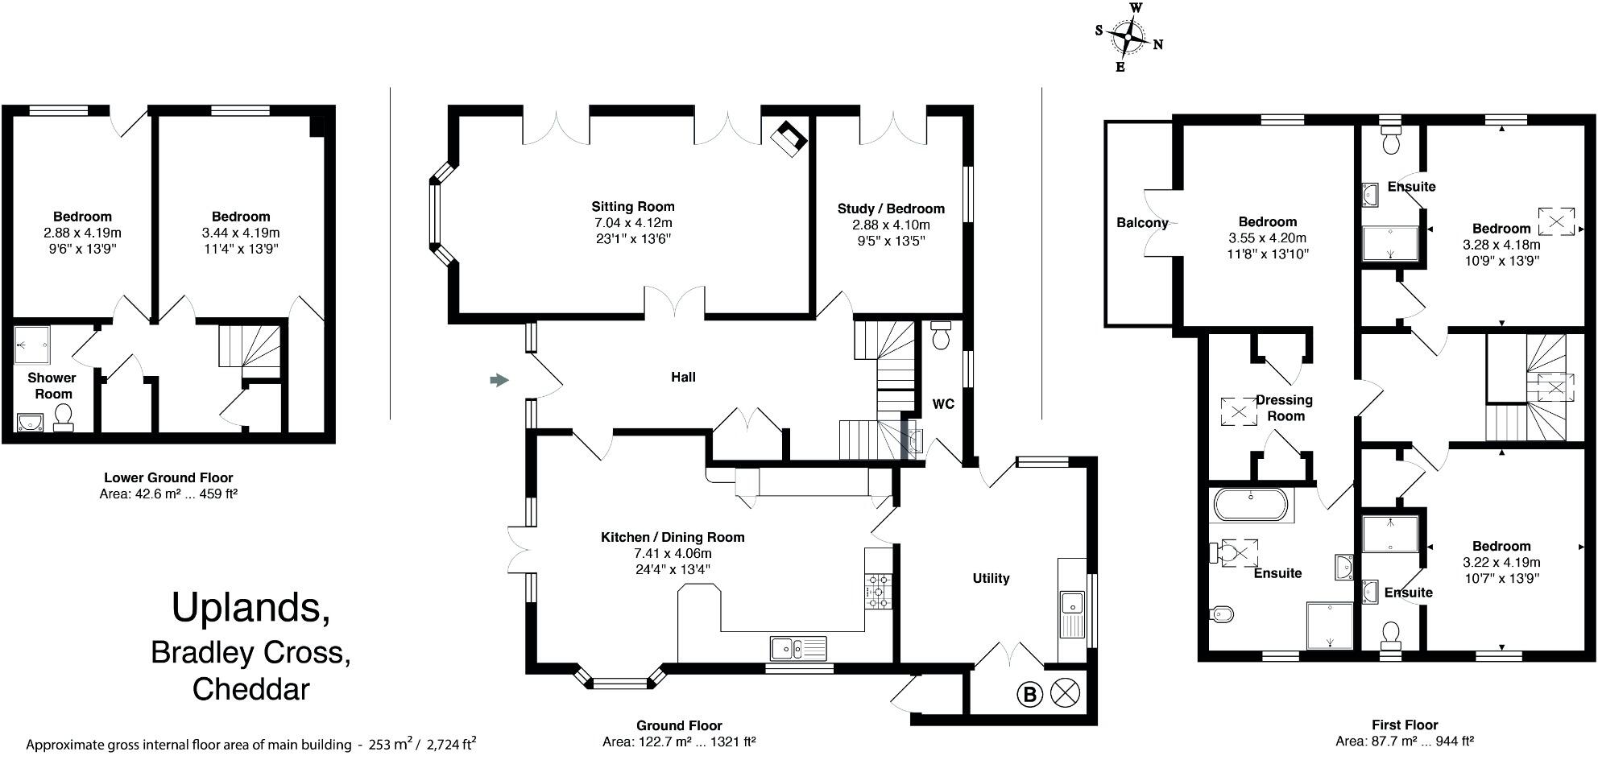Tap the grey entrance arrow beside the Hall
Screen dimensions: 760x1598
pos(499,380)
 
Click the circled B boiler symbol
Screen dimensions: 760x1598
pos(1029,694)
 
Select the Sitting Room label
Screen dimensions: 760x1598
pos(632,207)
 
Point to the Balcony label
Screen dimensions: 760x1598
pos(1141,223)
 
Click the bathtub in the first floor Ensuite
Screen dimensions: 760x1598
pos(1250,506)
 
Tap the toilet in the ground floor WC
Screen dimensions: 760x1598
pos(940,336)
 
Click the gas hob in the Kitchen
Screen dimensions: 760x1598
pos(878,591)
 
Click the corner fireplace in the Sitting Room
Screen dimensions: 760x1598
pos(788,138)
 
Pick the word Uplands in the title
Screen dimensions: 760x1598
pos(250,609)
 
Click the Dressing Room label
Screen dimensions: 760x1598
pos(1285,408)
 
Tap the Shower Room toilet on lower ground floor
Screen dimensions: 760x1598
pos(63,416)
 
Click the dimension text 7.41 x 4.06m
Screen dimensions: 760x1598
pos(673,554)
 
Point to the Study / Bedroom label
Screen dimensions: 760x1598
pos(890,209)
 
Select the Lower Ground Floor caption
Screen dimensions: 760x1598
pos(168,478)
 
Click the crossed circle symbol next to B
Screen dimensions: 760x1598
pos(1066,693)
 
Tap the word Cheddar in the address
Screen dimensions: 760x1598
pos(250,690)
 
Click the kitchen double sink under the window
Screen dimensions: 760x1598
pos(797,646)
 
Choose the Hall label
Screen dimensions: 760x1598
pos(683,377)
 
